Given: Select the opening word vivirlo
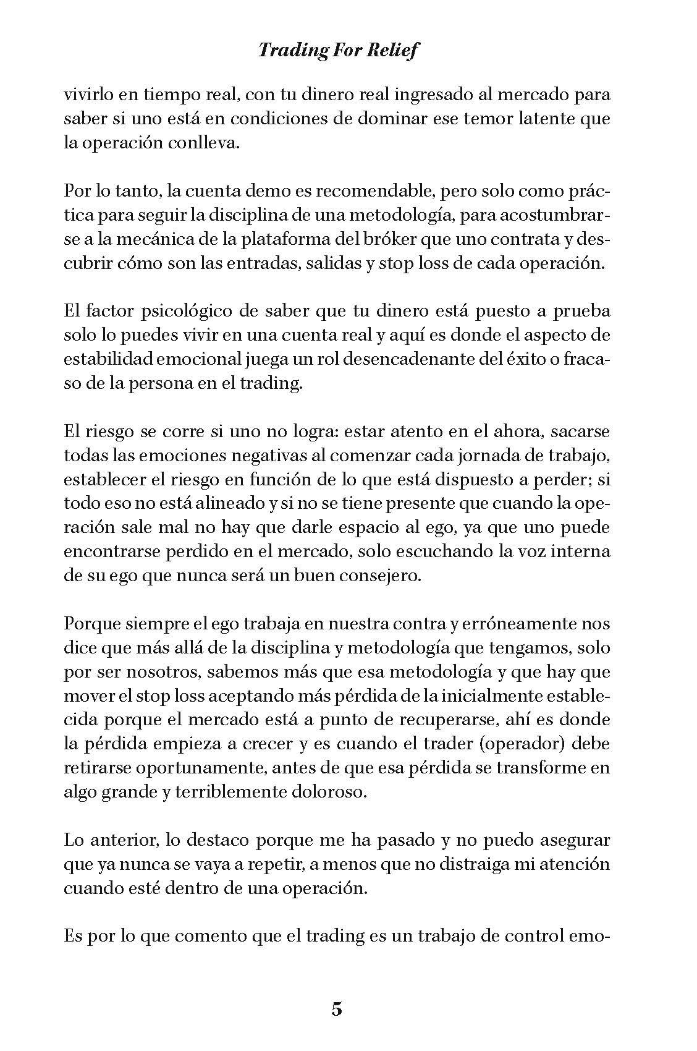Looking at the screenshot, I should [x=88, y=96].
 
